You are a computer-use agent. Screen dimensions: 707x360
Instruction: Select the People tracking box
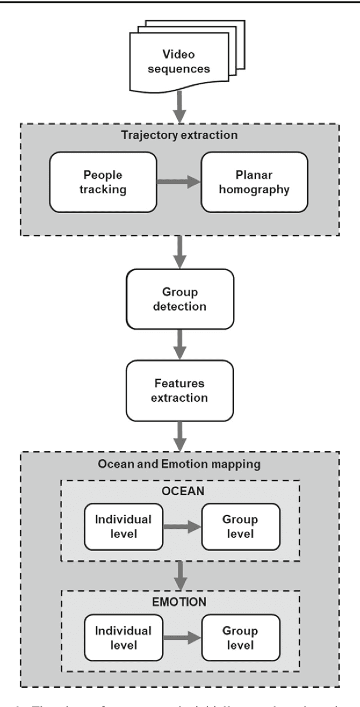103,182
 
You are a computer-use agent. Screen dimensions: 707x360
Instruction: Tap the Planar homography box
254,182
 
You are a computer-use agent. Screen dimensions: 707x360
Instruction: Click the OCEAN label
179,491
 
